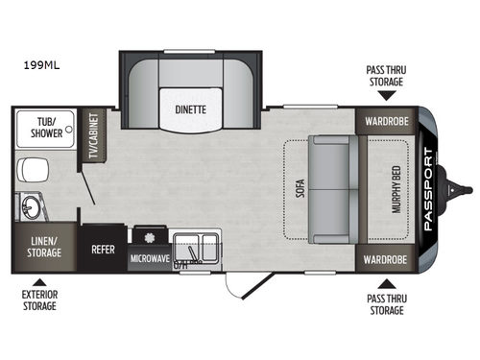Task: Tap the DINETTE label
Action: tap(190, 108)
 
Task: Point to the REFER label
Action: tap(103, 245)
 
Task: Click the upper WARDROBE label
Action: tap(385, 123)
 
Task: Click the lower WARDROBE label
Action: tap(385, 259)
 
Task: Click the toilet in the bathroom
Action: tap(29, 172)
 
